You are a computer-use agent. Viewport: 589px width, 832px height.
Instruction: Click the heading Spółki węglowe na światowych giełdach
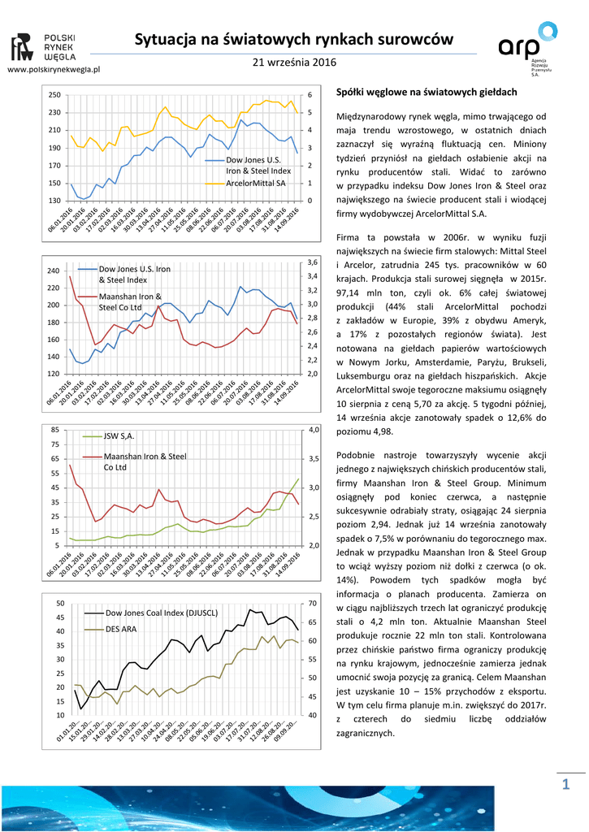click(x=426, y=93)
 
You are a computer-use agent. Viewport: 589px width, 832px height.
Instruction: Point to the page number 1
click(x=566, y=782)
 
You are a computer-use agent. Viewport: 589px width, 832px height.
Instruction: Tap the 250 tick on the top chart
click(x=54, y=95)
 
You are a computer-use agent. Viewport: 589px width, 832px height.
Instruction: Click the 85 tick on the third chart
click(x=55, y=429)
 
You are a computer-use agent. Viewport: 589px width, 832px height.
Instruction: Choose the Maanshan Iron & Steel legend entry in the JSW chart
click(x=145, y=461)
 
